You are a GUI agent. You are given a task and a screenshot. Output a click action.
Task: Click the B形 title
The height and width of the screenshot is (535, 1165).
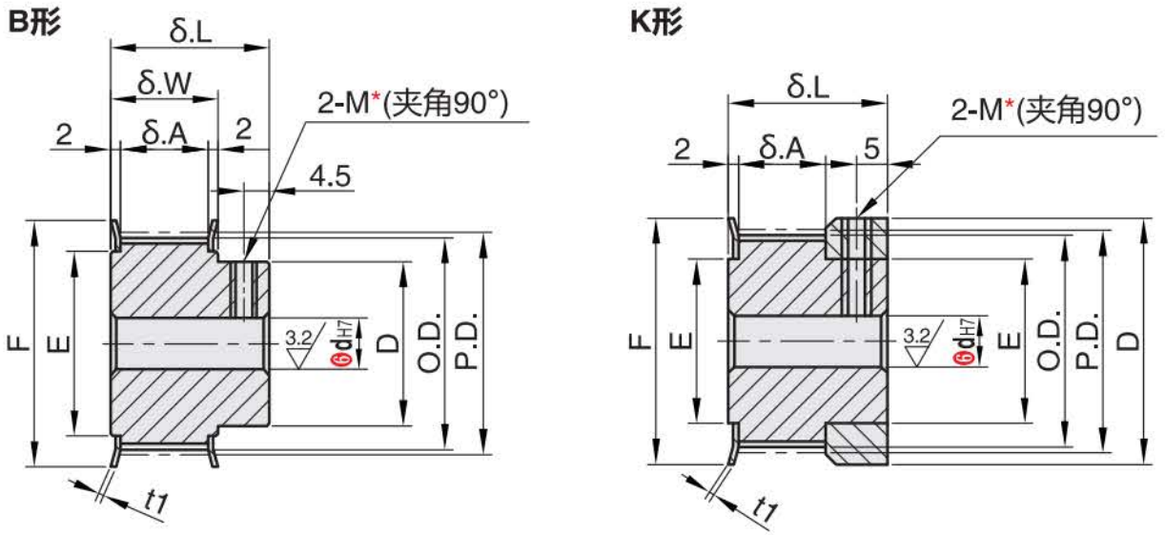pyautogui.click(x=34, y=24)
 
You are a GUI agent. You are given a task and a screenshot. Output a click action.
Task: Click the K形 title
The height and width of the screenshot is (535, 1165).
pyautogui.click(x=657, y=24)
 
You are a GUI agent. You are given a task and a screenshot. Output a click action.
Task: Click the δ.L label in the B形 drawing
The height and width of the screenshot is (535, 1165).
pyautogui.click(x=191, y=32)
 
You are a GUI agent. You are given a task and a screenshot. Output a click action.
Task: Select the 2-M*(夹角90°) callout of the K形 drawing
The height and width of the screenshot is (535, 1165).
pyautogui.click(x=1046, y=113)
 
